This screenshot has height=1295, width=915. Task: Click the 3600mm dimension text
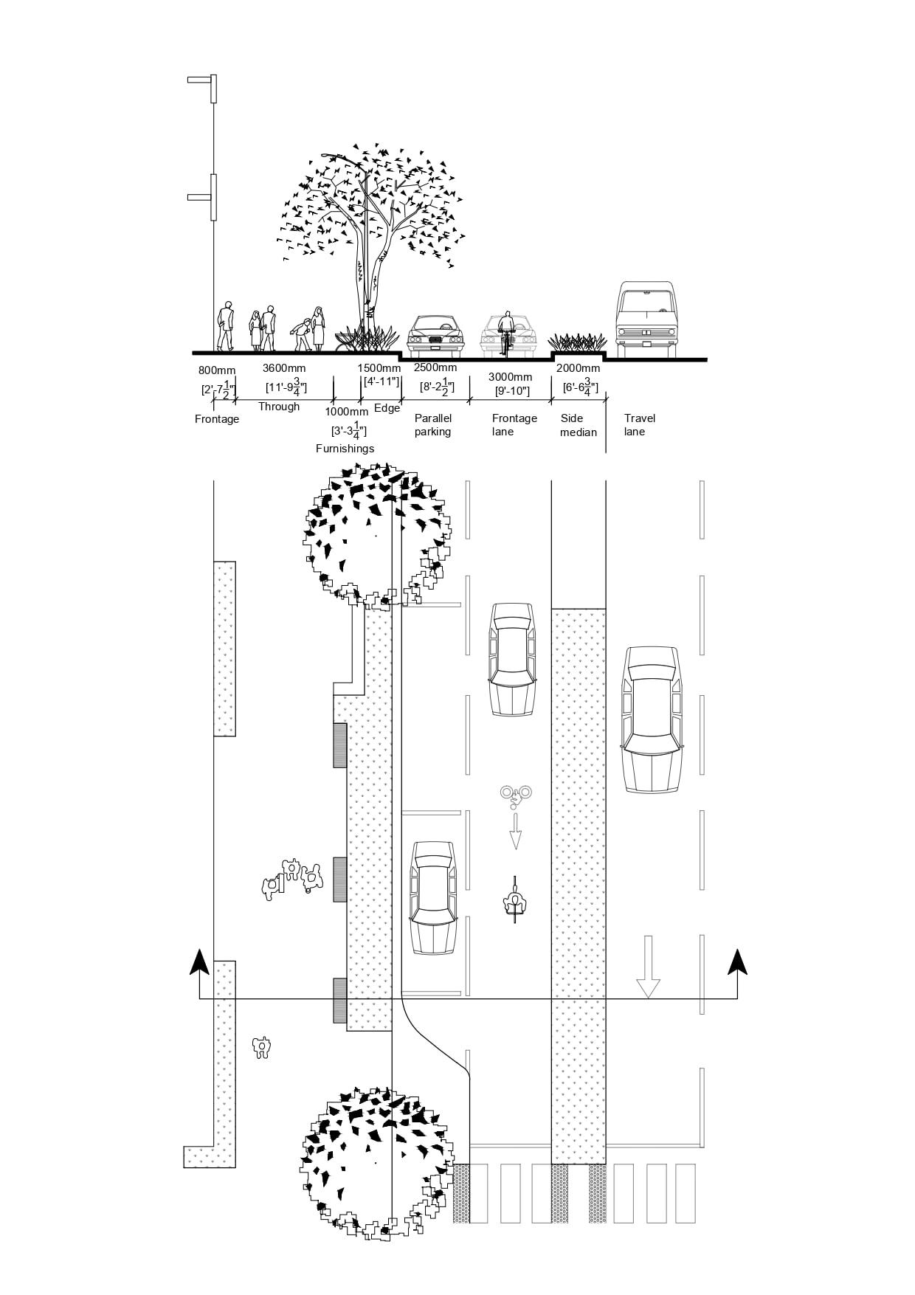point(284,368)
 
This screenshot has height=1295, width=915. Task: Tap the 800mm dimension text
point(217,370)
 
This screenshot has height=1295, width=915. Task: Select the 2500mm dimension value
point(435,367)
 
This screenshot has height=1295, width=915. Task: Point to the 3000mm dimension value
point(510,377)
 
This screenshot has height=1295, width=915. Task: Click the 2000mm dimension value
point(578,368)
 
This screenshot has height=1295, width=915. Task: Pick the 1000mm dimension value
point(346,412)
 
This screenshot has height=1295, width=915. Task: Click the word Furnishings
point(345,449)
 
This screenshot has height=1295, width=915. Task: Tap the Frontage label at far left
point(217,419)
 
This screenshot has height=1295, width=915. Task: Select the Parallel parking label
point(433,425)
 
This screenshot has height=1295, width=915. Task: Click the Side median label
point(578,425)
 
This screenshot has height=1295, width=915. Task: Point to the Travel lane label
point(639,425)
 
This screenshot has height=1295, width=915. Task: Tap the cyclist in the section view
point(506,331)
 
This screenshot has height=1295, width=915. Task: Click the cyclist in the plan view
point(514,899)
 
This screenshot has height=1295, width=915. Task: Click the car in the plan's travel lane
point(652,719)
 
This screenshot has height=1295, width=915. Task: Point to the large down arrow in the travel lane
point(648,967)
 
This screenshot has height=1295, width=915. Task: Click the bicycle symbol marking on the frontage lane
point(515,794)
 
